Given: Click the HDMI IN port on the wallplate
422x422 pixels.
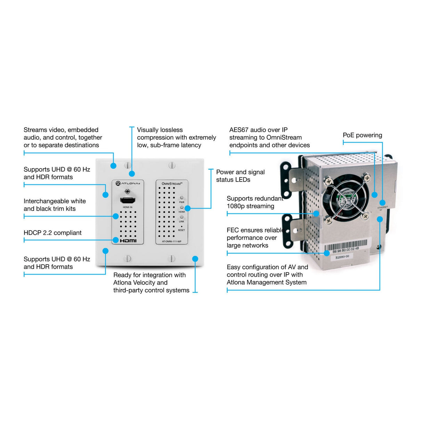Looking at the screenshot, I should [x=128, y=200].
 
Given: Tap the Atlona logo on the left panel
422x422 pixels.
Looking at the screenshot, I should [x=128, y=183].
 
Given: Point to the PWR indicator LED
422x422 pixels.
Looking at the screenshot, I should [x=181, y=198].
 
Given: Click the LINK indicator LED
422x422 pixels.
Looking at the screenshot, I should [x=181, y=217].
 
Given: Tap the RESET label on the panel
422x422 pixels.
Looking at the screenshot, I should [x=181, y=230].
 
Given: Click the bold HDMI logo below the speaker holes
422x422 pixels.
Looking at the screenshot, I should [x=128, y=241].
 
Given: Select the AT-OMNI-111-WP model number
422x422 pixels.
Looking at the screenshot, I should [x=171, y=241].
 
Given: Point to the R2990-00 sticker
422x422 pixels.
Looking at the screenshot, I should [x=342, y=257].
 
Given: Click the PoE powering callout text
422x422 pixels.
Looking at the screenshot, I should [x=362, y=135].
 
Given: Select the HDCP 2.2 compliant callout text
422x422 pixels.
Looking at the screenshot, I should [x=52, y=233].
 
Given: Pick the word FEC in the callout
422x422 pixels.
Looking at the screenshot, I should [x=233, y=230].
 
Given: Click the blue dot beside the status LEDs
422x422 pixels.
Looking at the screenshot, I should [x=188, y=208].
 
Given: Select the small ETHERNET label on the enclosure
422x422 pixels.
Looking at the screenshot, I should [x=382, y=208].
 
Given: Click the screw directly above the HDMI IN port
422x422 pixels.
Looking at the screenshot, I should [x=128, y=191].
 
